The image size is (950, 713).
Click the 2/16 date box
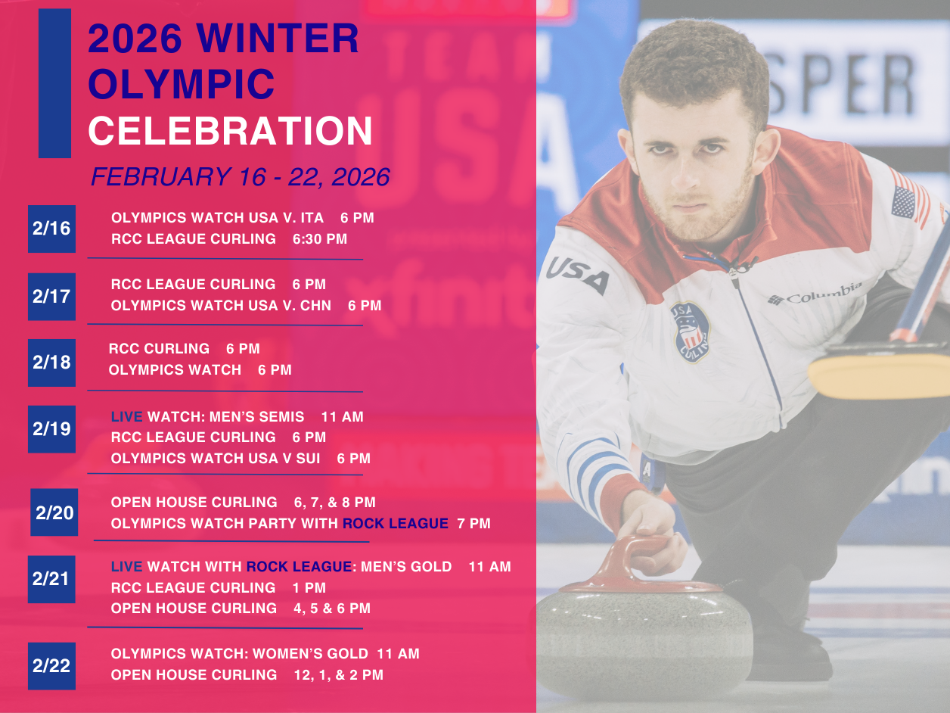[52, 229]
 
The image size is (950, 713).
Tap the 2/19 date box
[52, 429]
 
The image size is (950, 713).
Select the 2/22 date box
[52, 666]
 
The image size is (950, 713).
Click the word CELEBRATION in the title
[230, 131]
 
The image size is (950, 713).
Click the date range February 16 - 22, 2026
[241, 176]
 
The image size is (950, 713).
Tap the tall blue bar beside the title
[54, 83]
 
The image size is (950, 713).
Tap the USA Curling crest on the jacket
[691, 332]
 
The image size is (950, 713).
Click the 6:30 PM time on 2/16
[320, 239]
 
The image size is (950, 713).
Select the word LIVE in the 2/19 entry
[126, 417]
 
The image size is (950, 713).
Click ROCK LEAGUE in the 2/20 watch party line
[395, 523]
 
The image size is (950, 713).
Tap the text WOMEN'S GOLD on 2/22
[310, 653]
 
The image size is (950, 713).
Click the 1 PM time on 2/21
[309, 588]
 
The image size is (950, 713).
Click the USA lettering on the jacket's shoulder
[577, 275]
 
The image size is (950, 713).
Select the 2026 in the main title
[135, 38]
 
